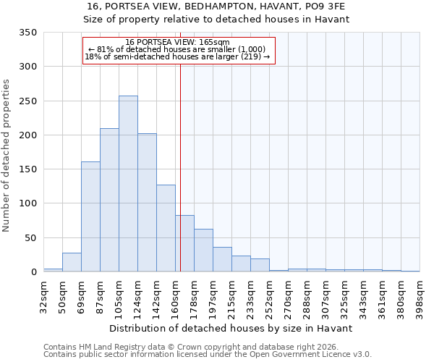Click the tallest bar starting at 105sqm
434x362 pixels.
click(x=128, y=184)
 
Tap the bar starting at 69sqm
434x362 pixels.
click(x=90, y=217)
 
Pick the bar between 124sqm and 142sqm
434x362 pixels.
click(x=147, y=203)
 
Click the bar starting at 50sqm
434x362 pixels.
click(x=72, y=262)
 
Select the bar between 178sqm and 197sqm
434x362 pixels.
click(x=203, y=251)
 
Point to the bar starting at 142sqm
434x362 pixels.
click(x=166, y=229)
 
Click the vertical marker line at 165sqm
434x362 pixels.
click(x=180, y=145)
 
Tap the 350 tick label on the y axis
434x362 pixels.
click(x=27, y=33)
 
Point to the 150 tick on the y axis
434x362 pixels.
click(x=27, y=169)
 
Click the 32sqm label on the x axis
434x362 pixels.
click(x=43, y=297)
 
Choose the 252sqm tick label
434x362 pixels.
click(x=269, y=297)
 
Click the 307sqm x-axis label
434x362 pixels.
click(x=325, y=297)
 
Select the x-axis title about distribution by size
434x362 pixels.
click(x=231, y=328)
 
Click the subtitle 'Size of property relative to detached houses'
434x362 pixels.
click(x=216, y=20)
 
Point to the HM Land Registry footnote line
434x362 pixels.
click(x=190, y=347)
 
